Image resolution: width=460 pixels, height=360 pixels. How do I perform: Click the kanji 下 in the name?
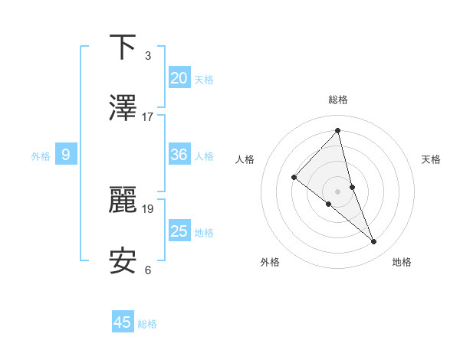123,47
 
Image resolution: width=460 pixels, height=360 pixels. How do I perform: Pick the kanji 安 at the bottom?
123,260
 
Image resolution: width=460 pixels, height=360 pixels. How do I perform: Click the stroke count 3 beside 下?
148,56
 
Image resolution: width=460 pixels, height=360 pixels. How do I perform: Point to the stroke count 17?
148,117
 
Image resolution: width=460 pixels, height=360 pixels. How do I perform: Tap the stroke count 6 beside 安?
148,269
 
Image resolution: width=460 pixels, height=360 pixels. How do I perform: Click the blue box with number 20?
179,77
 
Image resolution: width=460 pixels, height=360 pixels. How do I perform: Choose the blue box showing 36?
179,155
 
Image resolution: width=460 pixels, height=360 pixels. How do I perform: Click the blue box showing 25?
179,231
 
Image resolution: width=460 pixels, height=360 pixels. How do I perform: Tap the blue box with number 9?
66,155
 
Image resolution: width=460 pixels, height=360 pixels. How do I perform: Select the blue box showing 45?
123,322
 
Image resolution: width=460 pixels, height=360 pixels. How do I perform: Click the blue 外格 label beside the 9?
41,156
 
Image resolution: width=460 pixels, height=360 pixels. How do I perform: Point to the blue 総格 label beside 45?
147,324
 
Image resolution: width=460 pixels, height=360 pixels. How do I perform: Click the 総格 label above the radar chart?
338,100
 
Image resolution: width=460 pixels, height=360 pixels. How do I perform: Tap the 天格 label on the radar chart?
431,159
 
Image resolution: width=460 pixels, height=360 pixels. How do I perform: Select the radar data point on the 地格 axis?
374,242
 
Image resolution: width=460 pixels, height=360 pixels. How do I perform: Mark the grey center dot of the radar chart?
338,191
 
